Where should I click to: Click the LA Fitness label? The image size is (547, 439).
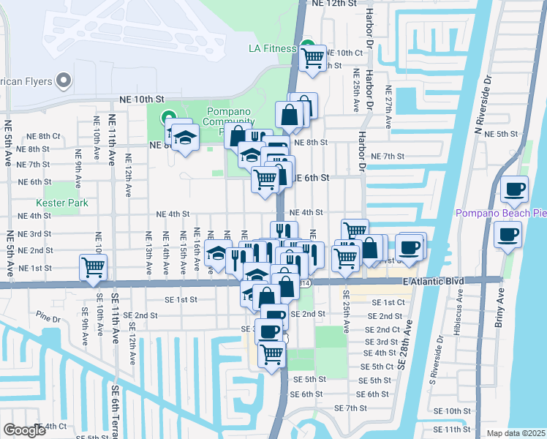click(x=272, y=49)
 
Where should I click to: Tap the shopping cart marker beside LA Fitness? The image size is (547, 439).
click(x=313, y=56)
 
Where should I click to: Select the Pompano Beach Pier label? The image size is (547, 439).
click(x=500, y=213)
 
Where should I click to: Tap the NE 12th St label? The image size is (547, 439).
click(x=334, y=4)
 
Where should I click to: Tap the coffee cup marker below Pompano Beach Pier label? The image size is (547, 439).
click(x=508, y=235)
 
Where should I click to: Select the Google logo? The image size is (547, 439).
click(x=24, y=431)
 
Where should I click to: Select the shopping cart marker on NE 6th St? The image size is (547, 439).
click(x=265, y=178)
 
